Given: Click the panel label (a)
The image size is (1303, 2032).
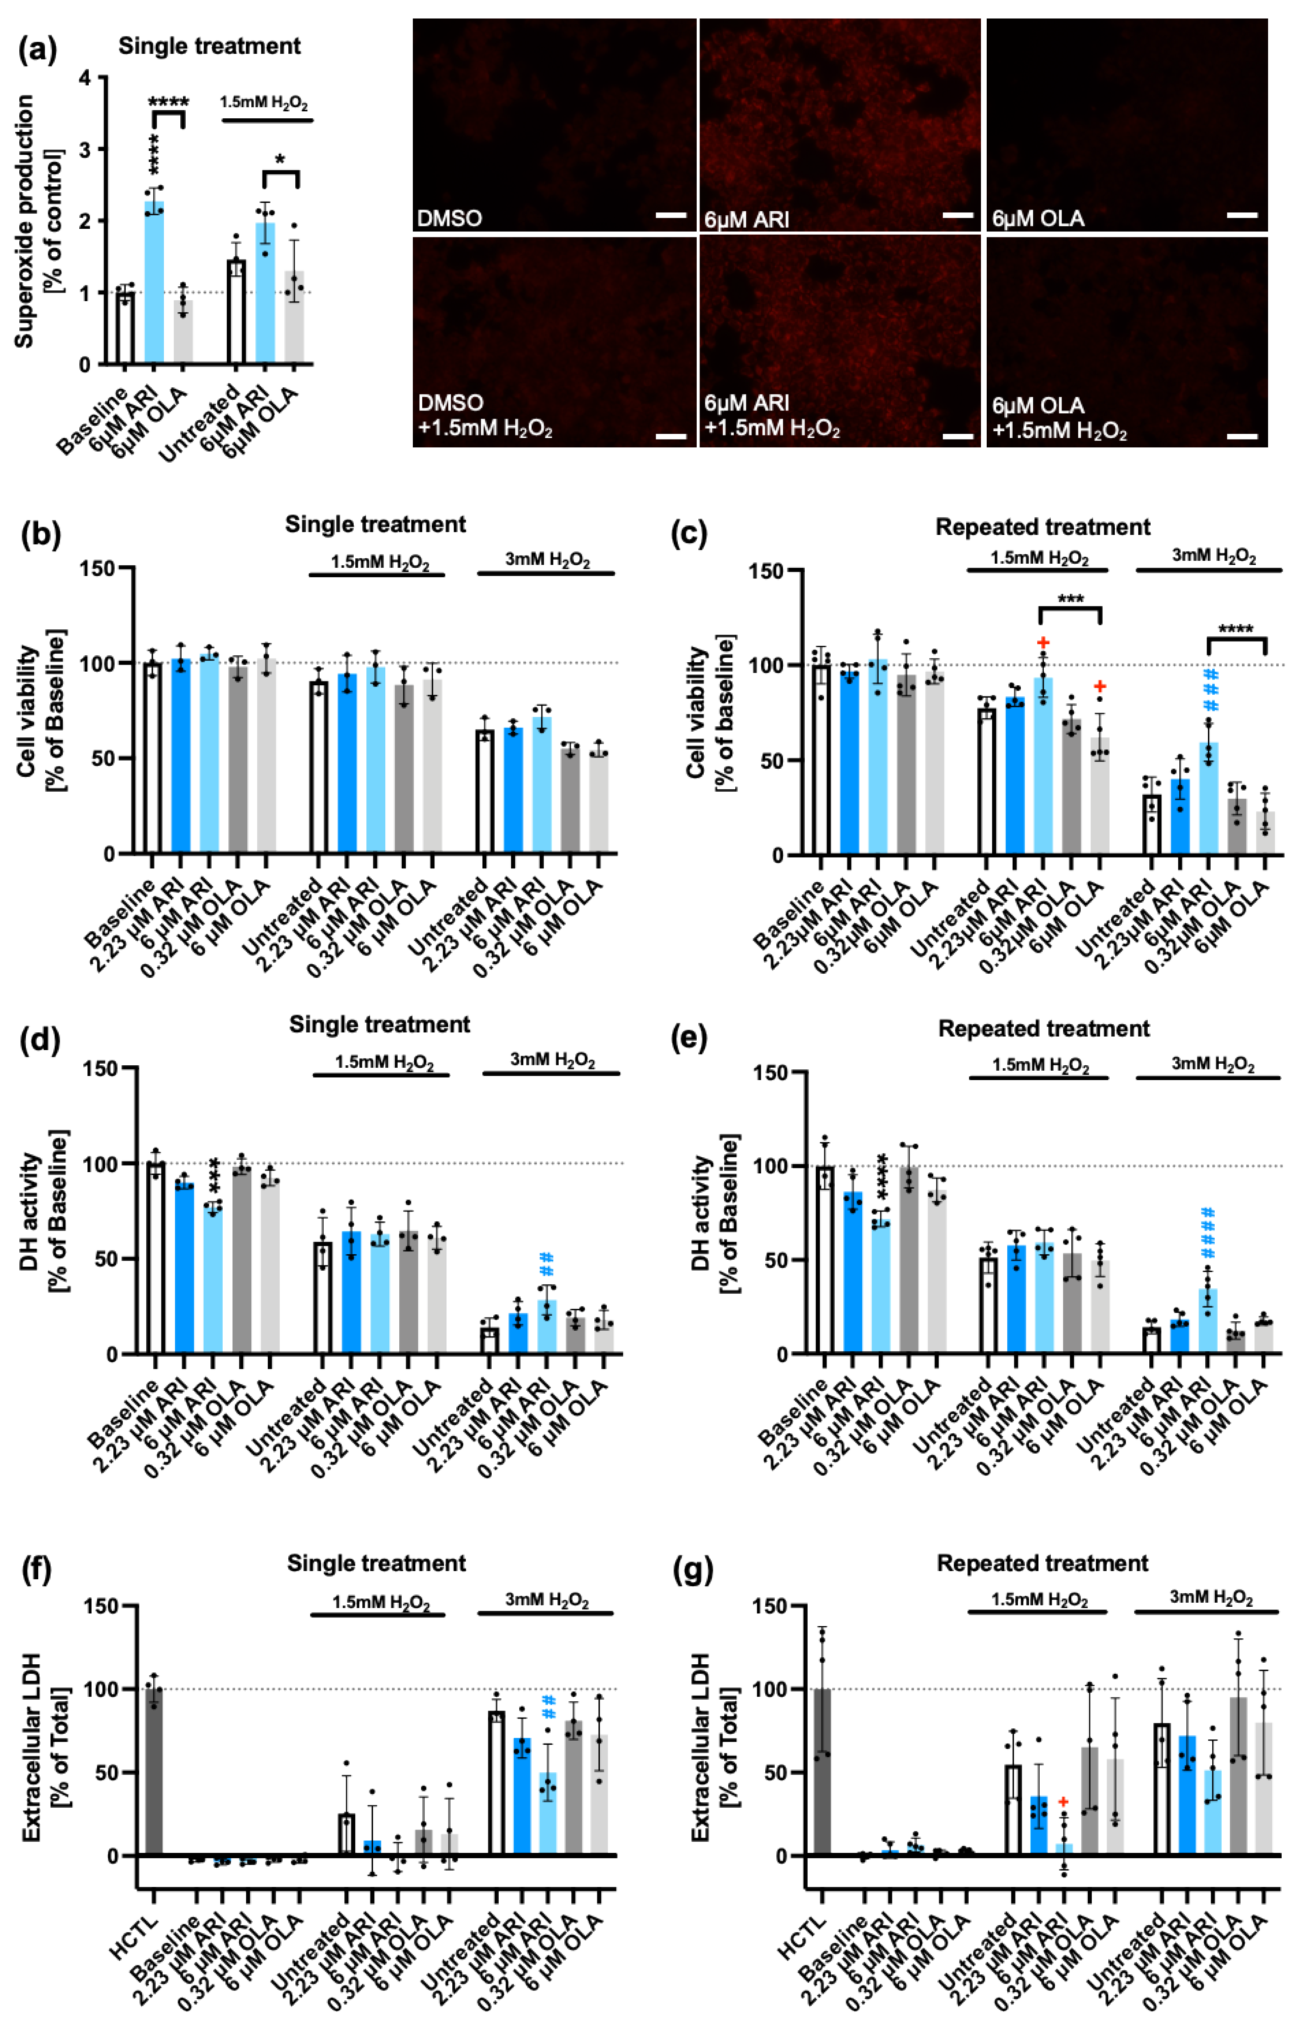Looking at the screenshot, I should point(38,51).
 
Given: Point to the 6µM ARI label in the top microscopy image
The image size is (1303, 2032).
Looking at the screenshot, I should point(746,219).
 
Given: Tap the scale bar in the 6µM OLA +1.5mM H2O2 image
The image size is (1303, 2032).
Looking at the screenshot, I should point(1242,437).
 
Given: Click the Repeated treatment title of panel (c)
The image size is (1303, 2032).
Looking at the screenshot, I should point(1043,527).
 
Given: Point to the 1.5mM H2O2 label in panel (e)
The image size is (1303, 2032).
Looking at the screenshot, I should point(1040,1064).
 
